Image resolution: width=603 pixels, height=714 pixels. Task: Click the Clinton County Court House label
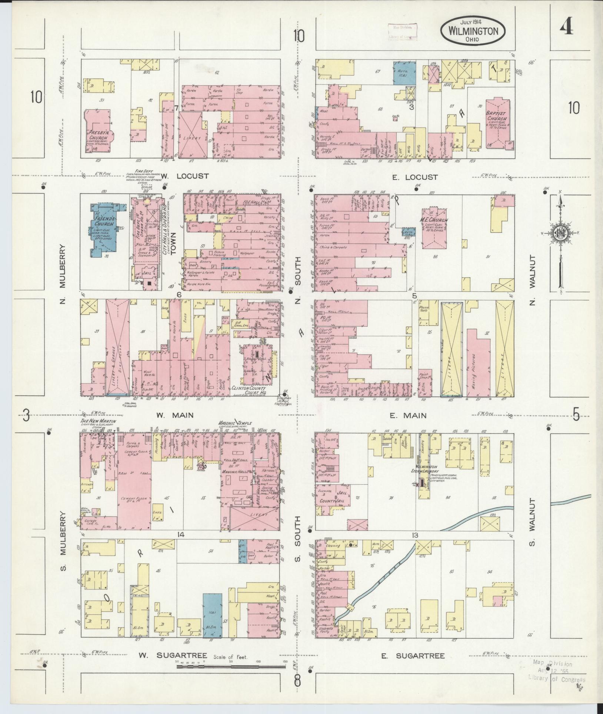tap(253, 389)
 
